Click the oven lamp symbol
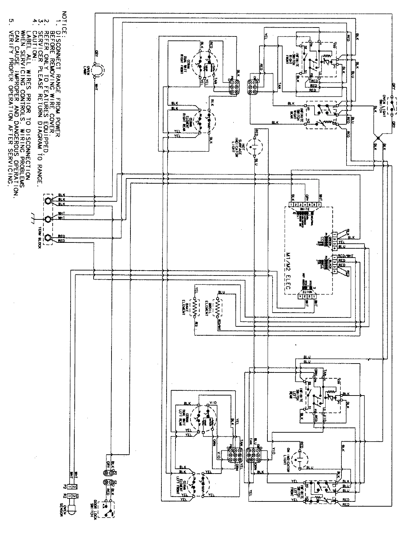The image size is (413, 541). (97, 70)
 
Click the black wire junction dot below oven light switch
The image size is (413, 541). (378, 138)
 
